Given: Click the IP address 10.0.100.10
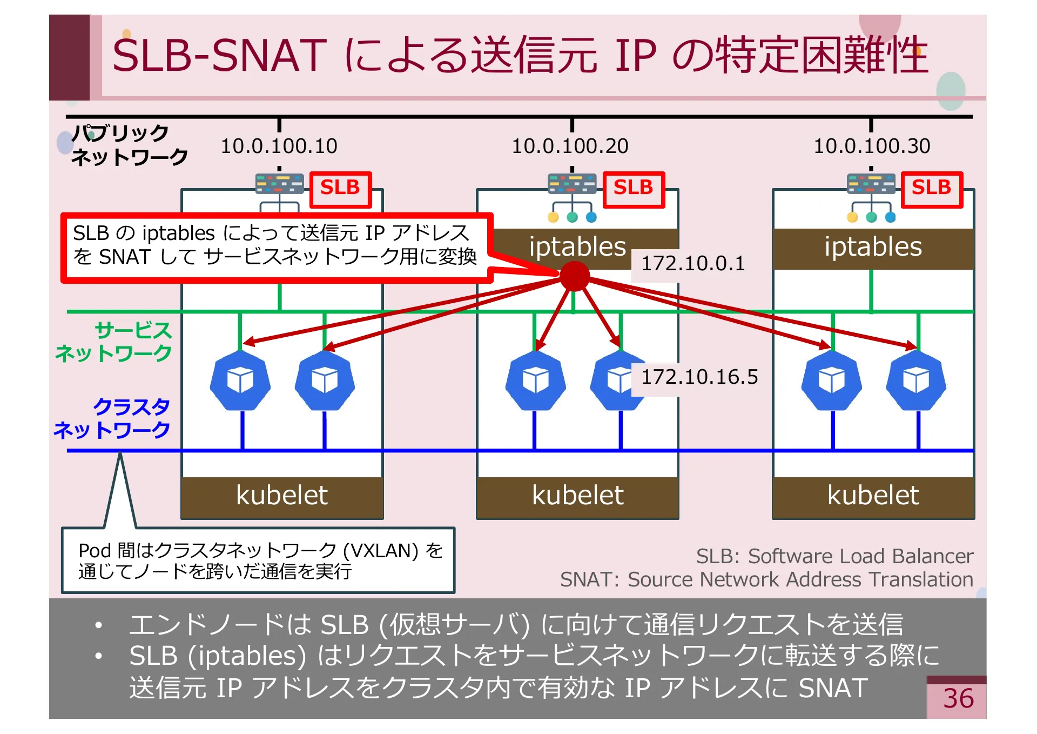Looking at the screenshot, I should (x=279, y=146).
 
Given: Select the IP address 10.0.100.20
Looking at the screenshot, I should (x=570, y=146).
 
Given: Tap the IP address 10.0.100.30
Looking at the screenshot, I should (x=872, y=146).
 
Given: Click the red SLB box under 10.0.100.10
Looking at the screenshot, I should (x=340, y=189).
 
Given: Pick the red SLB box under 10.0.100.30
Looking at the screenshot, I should (x=931, y=189).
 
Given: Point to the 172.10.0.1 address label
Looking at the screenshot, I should (x=692, y=264).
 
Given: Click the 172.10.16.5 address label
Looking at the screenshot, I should (x=699, y=377).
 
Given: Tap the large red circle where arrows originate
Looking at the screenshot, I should (x=574, y=276).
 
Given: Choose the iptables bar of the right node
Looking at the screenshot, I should (x=873, y=248).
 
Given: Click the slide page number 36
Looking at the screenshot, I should (x=958, y=699).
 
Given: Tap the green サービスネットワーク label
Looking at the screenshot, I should (x=114, y=342).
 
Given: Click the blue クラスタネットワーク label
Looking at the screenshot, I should (x=112, y=418).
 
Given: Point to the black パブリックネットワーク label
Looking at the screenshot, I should (x=129, y=144).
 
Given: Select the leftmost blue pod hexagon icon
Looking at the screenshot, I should (x=240, y=380).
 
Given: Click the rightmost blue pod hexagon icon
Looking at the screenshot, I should (x=916, y=380).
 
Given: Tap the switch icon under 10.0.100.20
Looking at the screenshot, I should (x=571, y=184).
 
